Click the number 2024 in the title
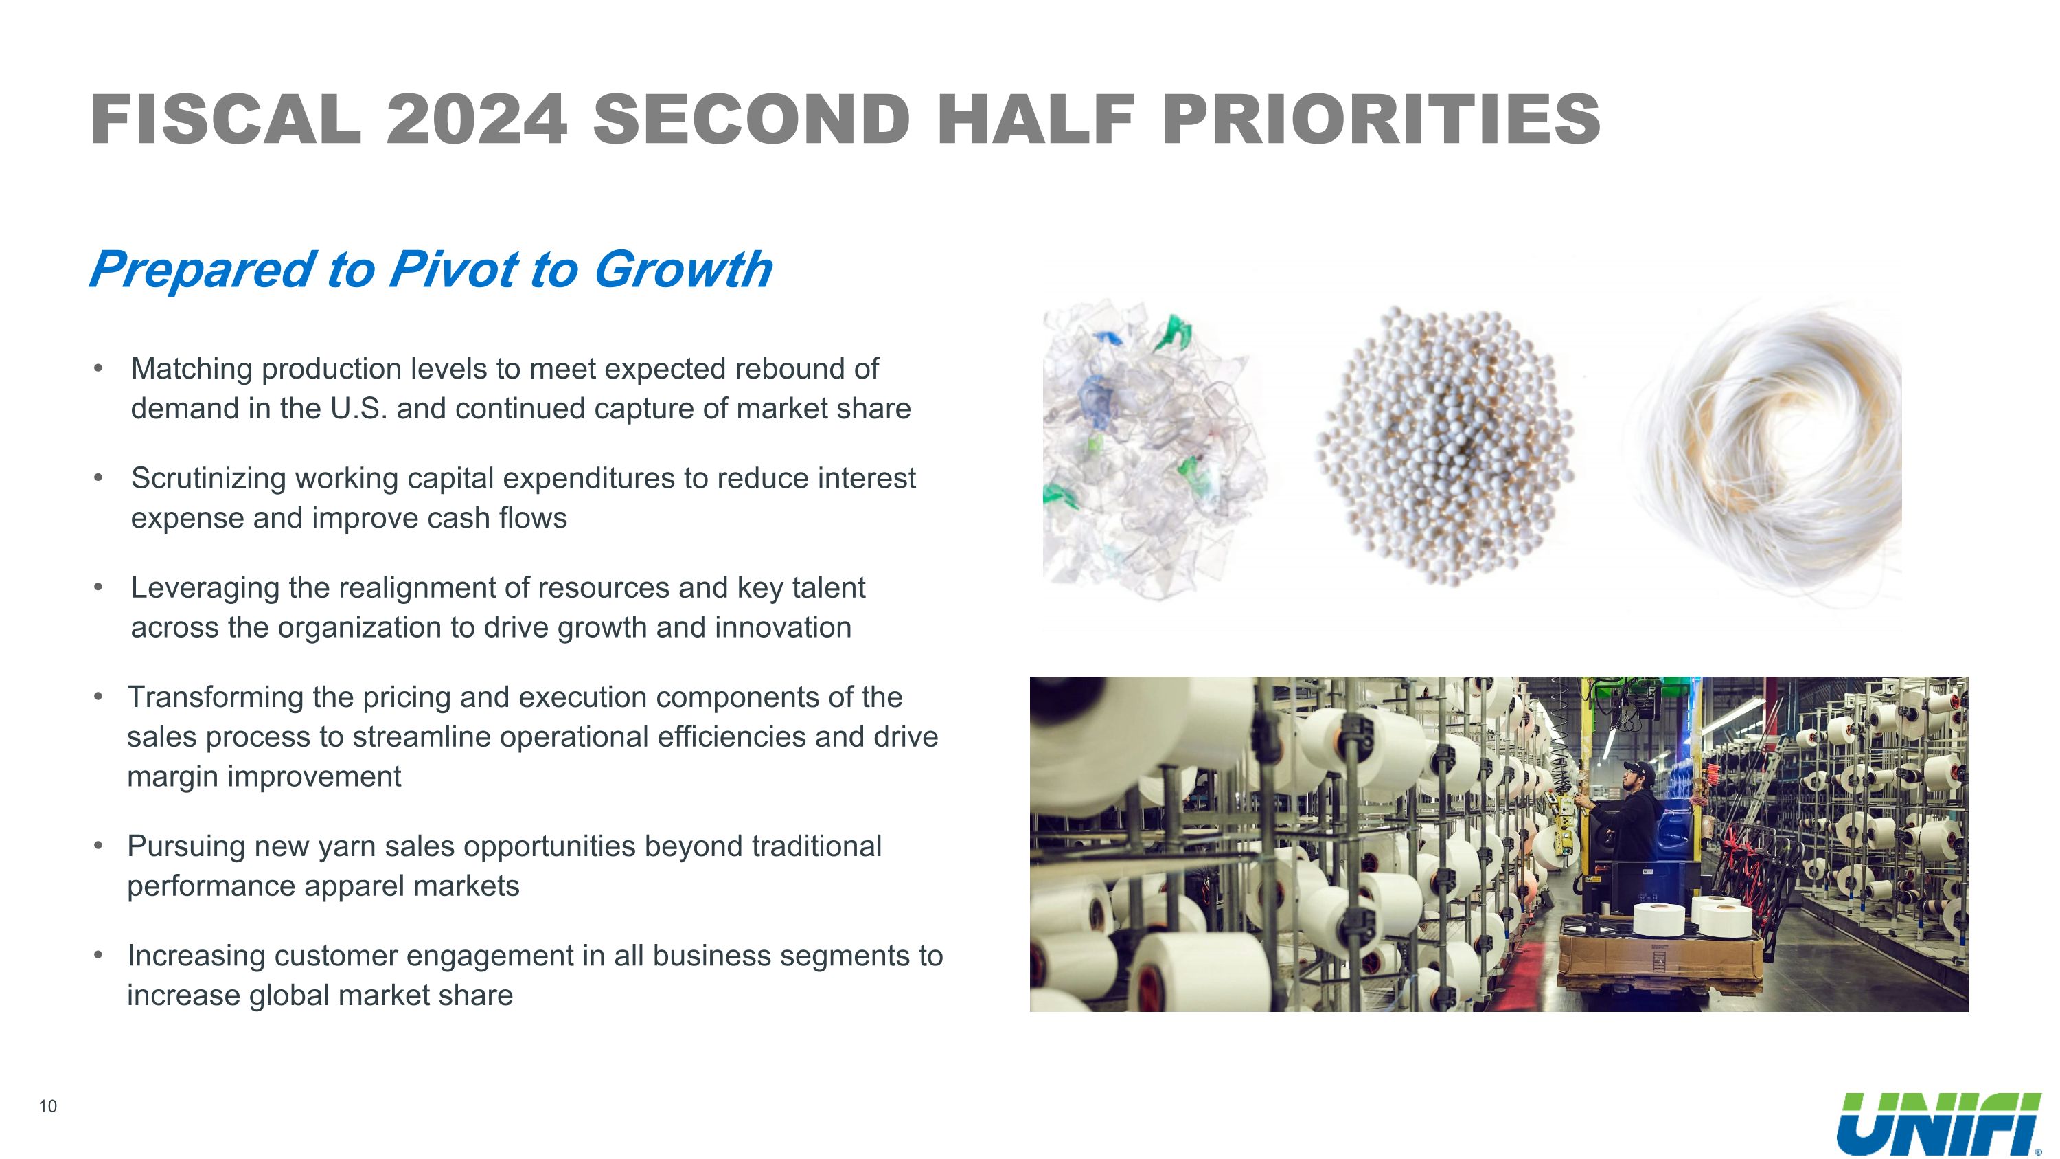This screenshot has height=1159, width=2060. (476, 120)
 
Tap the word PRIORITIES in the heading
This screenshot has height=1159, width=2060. (1380, 120)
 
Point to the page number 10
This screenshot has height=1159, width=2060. (48, 1106)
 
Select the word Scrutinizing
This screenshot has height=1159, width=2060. (208, 478)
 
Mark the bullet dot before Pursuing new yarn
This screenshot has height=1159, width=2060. (98, 846)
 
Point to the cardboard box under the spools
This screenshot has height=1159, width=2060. (1660, 960)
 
